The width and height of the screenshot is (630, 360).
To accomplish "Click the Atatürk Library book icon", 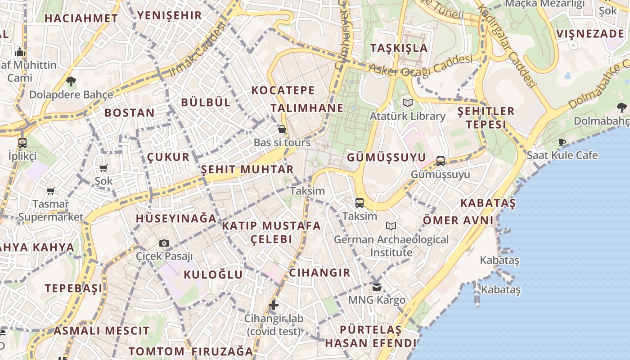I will click(x=408, y=103).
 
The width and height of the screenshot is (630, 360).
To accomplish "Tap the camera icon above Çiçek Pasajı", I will click(x=164, y=243).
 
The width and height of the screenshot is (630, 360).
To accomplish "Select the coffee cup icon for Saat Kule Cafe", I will click(x=562, y=143).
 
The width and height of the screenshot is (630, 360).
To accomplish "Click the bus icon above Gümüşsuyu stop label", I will click(x=441, y=161).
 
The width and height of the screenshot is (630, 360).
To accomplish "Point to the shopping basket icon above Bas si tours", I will click(x=282, y=130).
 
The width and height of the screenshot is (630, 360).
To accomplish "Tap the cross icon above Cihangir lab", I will click(x=274, y=305).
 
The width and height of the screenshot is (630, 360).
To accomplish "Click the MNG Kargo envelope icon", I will click(x=377, y=287).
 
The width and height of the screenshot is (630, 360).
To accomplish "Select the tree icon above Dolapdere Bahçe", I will click(x=71, y=81).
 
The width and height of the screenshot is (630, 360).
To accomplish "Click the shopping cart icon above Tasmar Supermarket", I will click(x=51, y=191).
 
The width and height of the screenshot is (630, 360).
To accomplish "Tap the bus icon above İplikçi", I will click(x=22, y=143).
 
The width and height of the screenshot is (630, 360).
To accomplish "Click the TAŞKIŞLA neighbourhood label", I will click(x=399, y=48).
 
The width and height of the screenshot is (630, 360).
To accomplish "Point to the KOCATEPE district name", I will click(x=283, y=90).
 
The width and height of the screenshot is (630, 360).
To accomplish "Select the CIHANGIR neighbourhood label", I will click(x=319, y=272).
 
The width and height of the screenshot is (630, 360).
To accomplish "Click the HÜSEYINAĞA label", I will click(x=176, y=219).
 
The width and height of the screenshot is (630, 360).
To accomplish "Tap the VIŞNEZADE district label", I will click(x=590, y=34).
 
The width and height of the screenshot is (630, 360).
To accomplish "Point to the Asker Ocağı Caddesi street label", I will click(x=421, y=65).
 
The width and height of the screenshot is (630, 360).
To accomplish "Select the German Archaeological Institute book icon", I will click(x=391, y=226).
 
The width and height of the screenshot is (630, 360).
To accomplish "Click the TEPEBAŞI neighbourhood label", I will click(x=74, y=288).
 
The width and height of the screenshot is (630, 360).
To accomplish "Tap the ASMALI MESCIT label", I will click(x=101, y=331).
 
